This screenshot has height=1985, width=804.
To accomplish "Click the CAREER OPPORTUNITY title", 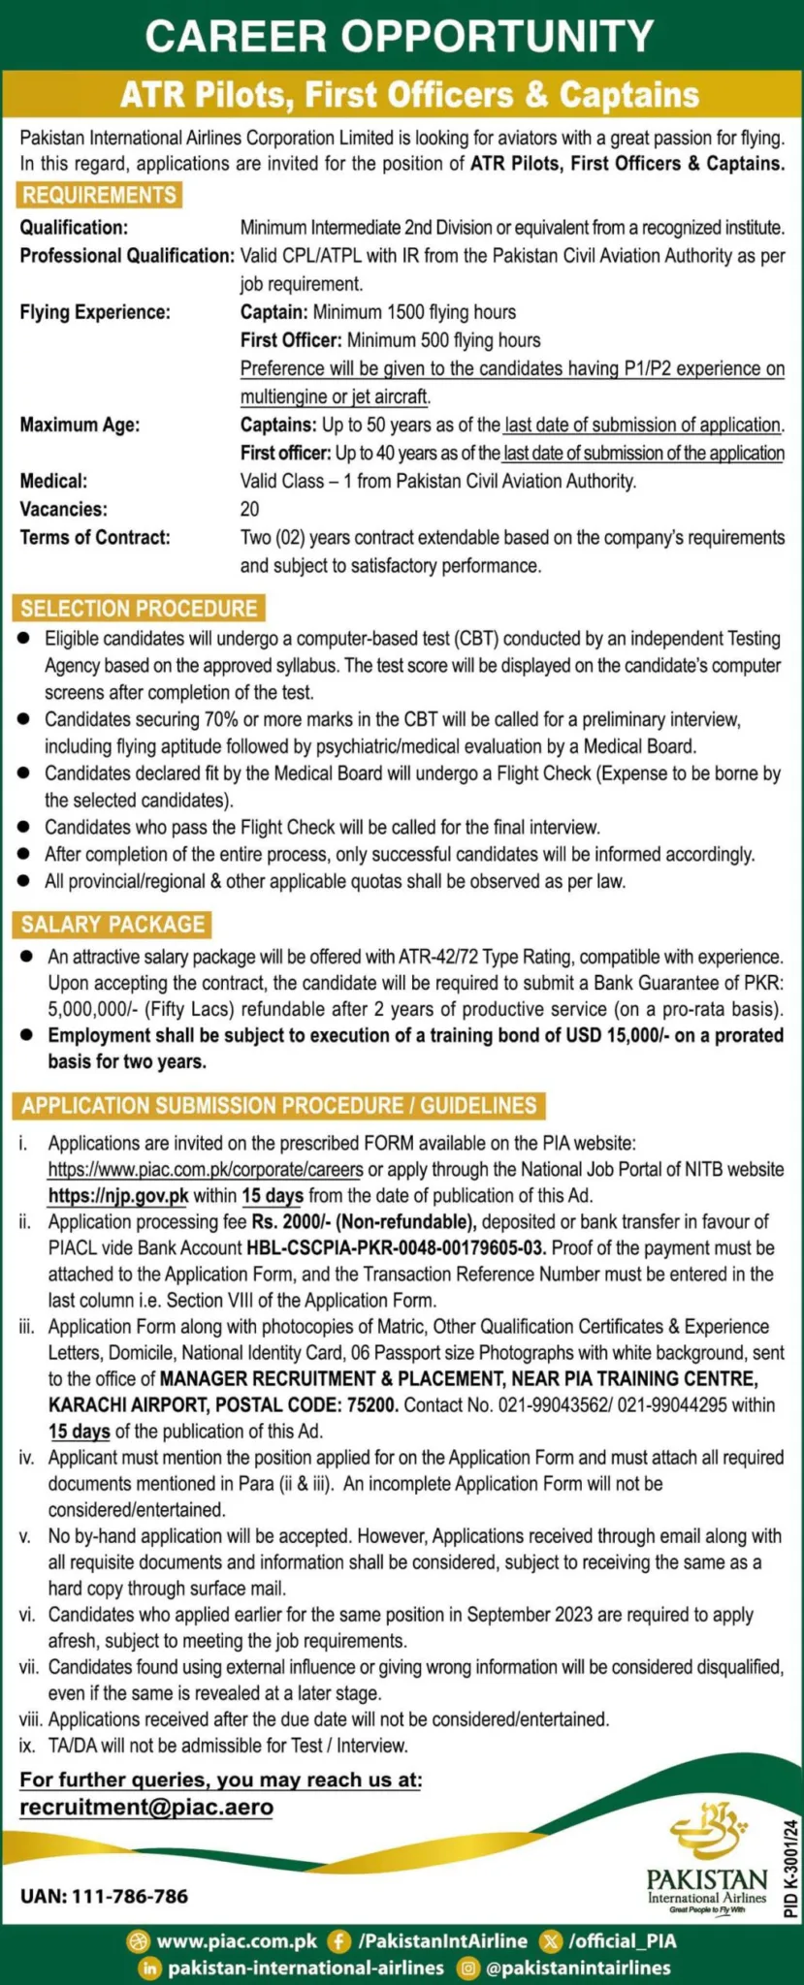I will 401,37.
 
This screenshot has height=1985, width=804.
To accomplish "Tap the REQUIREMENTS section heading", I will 99,195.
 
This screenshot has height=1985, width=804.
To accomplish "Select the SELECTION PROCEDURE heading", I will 140,609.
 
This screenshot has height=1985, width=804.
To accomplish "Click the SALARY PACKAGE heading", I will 113,925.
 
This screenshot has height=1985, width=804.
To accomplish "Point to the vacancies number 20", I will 249,509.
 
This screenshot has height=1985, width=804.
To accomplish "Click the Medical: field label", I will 53,481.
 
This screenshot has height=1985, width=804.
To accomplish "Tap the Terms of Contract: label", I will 95,537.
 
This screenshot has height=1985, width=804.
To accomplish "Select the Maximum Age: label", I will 80,425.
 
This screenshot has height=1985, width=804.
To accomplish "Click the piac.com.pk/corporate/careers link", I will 206,1170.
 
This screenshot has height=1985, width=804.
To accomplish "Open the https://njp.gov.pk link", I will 118,1196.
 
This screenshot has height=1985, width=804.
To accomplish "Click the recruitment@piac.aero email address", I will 146,1808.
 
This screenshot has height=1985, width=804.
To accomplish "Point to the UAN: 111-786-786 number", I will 105,1896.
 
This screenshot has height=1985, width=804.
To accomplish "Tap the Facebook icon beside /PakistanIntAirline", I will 339,1941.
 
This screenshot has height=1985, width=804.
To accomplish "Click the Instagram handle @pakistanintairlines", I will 578,1968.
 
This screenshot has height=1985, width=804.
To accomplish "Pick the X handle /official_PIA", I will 622,1941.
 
